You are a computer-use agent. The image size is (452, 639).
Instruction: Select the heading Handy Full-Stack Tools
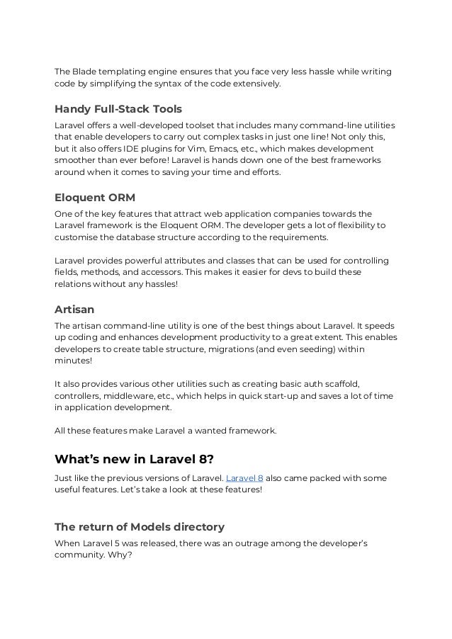tap(118, 109)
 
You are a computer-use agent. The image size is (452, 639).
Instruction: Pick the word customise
tap(77, 237)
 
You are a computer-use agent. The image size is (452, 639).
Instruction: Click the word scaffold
tap(341, 383)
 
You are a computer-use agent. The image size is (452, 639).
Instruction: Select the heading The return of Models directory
tap(140, 526)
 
